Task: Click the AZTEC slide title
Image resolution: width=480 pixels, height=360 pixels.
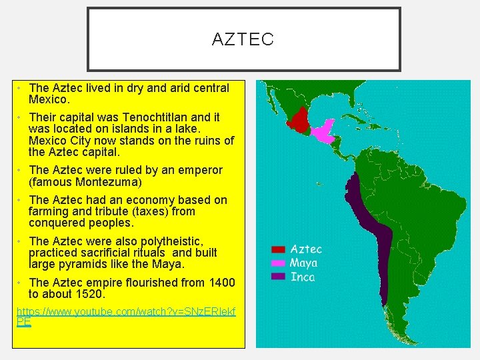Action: tap(243, 40)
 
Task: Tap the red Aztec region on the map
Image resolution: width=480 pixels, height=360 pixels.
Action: tap(301, 121)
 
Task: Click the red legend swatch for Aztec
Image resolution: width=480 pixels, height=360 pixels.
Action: tap(278, 250)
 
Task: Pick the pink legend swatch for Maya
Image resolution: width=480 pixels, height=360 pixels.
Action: tap(278, 263)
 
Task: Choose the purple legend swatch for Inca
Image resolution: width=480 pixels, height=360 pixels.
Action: tap(278, 276)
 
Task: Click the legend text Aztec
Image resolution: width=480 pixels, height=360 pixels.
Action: tap(306, 249)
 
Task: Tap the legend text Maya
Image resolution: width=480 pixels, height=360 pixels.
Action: tap(304, 263)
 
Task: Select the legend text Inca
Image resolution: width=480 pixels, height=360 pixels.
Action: tap(302, 276)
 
